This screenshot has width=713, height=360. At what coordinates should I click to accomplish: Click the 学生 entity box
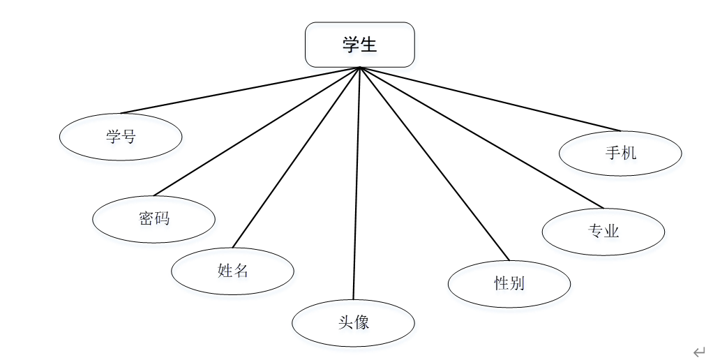coord(360,45)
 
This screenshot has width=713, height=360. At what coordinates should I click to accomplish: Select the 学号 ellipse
coord(121,136)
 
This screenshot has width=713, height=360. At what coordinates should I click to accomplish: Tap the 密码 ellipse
coord(153,219)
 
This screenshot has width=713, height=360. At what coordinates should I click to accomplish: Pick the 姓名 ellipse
coord(232,271)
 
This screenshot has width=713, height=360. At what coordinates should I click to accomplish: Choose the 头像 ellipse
coord(353,322)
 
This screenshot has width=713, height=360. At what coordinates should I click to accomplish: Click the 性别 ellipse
coord(509,283)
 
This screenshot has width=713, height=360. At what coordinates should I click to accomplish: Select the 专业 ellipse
coord(603,231)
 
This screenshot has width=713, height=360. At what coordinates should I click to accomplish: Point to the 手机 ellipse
coord(620,152)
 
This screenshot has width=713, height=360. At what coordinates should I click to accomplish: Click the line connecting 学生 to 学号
coord(241,90)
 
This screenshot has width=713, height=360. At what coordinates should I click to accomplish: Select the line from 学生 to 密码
coord(257,131)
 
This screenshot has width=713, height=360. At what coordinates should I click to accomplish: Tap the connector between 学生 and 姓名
coord(296,158)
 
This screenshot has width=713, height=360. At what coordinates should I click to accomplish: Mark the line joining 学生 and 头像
coord(356,183)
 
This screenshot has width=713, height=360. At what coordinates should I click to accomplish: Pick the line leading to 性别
coord(435,163)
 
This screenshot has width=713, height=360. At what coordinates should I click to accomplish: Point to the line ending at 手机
coord(490,99)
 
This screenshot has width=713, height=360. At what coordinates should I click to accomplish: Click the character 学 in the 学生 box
coord(351,45)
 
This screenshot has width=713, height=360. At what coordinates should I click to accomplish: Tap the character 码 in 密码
coord(162,219)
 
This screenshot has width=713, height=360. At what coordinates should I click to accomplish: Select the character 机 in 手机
coord(629,152)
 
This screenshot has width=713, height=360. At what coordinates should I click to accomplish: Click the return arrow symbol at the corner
coord(698,351)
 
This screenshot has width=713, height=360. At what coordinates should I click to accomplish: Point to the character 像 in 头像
coord(361,322)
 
